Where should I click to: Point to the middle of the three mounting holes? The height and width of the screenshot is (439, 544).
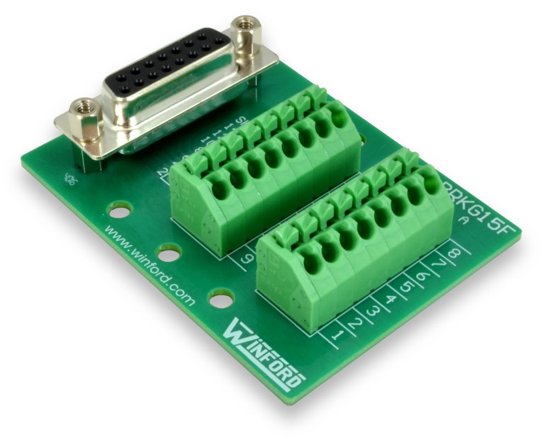(169, 252)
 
